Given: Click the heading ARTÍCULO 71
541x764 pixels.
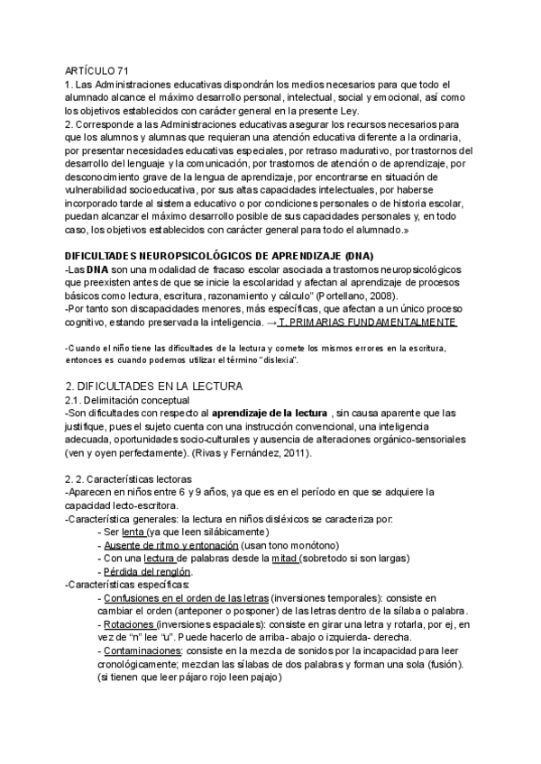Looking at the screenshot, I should coord(97,72).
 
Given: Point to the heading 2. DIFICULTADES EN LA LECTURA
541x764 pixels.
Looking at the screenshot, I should coord(153,387).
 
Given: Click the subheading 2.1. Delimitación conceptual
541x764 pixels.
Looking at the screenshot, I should coord(127,400).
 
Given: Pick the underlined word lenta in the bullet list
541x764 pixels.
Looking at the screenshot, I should coord(133,532).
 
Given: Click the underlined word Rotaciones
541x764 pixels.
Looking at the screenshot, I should coord(128,623).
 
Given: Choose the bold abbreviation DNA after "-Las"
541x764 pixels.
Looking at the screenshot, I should coord(97,270).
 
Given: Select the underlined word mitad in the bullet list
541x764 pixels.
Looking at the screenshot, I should coord(286,559).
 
